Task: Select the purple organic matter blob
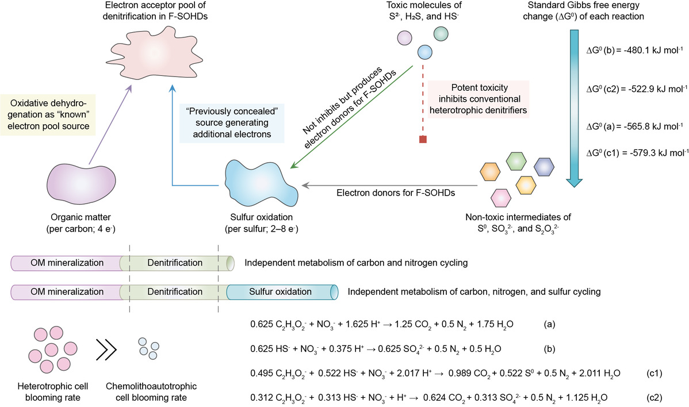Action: (74, 183)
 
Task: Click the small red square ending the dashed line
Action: (423, 139)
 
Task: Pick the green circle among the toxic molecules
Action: (441, 33)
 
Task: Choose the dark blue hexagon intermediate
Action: (543, 167)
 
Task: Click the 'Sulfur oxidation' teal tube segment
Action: (281, 292)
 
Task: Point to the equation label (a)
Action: (549, 325)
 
